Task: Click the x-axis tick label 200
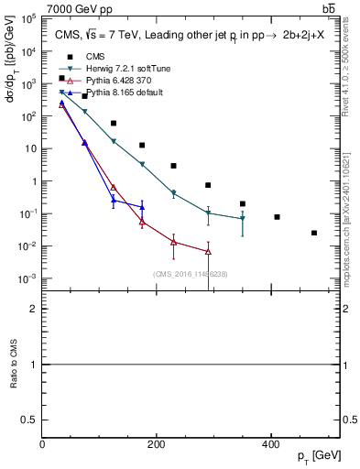click(x=156, y=444)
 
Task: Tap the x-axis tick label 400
click(x=270, y=444)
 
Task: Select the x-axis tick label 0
click(x=42, y=444)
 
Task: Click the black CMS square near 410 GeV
click(x=277, y=217)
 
